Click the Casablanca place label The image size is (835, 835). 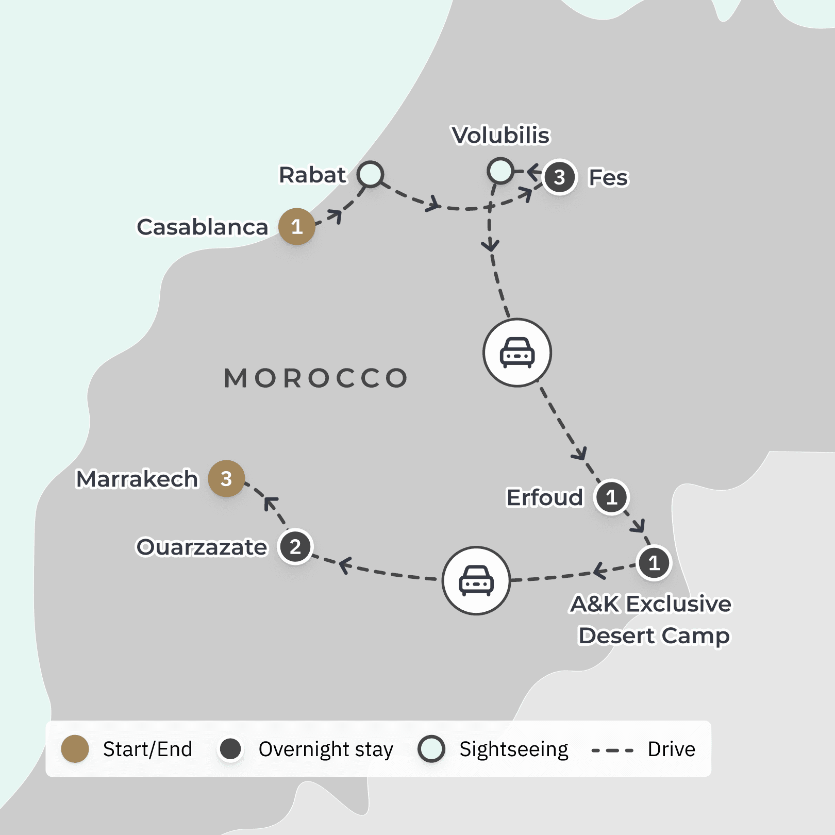coord(203,227)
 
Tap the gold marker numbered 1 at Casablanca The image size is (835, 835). coord(297,227)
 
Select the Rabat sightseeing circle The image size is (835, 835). coord(371,174)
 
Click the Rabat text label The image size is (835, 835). coord(312,175)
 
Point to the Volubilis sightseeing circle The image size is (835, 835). coord(500,171)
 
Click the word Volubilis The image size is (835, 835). coord(500,136)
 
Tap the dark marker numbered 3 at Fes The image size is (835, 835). coord(559,177)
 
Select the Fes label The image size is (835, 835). coord(608,178)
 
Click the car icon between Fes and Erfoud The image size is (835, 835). coord(517,353)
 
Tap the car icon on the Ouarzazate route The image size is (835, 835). coord(476,580)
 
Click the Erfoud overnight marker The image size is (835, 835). coord(612,497)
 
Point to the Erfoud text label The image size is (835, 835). coord(545,498)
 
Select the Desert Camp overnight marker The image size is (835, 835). coord(654,563)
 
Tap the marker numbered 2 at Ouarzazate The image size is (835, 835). coord(295,547)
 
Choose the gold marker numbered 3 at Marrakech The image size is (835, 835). coord(226,479)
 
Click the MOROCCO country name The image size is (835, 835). coord(316,378)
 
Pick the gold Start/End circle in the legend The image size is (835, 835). coord(75,749)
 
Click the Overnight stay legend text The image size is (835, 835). coord(326,749)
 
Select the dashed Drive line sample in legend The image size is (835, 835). coord(612,750)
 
